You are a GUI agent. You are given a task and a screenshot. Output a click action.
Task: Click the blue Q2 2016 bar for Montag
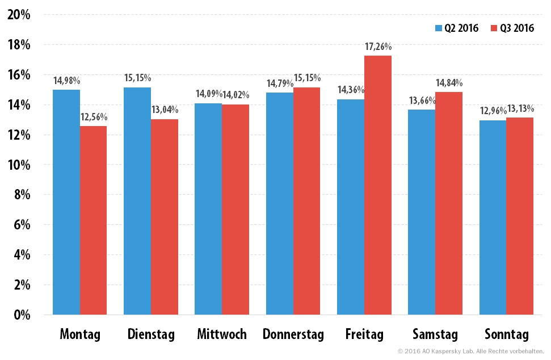tap(66, 202)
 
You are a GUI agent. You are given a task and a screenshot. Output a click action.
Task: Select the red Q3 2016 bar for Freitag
tap(378, 185)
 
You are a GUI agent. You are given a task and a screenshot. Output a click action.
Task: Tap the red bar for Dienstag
tap(165, 217)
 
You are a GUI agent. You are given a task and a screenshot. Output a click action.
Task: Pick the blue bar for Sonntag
tap(493, 217)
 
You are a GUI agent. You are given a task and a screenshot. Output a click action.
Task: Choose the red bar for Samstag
tap(449, 203)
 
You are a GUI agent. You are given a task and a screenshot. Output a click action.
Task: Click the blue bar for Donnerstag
tap(280, 203)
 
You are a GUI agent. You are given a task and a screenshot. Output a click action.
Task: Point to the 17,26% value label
tap(378, 47)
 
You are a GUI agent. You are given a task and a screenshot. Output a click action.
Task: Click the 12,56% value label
tap(94, 117)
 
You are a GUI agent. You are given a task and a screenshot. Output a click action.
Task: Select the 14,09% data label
tap(209, 94)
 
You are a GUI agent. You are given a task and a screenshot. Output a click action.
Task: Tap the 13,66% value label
tap(422, 101)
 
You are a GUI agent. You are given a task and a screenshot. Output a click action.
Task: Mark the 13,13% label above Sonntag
tap(520, 108)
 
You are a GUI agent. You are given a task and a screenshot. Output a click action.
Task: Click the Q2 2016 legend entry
tap(456, 28)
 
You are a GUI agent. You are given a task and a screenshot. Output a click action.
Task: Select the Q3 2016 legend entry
tap(512, 28)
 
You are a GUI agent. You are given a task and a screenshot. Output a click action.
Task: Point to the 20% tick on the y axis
tap(19, 15)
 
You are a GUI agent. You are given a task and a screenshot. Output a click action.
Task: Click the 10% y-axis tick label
tap(19, 165)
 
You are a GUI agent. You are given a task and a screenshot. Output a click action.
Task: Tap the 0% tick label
tap(22, 315)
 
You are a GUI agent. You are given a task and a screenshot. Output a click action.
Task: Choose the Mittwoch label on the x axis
tap(222, 334)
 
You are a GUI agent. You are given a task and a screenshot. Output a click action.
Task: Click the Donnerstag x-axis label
tap(293, 334)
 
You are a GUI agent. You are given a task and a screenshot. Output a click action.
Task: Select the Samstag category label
tap(435, 334)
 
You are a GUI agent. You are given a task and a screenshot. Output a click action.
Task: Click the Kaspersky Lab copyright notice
tap(471, 351)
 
